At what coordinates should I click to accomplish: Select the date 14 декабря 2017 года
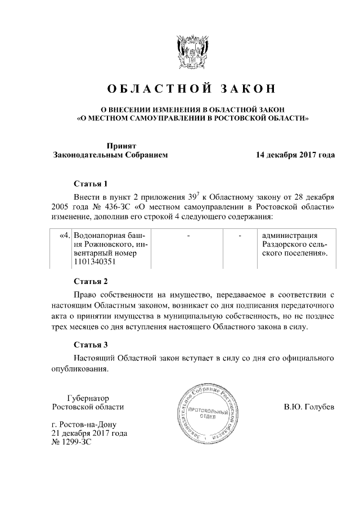coord(295,154)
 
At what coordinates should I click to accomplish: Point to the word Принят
coord(123,145)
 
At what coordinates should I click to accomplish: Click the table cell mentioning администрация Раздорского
coord(296,244)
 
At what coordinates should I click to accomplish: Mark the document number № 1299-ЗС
coord(71,442)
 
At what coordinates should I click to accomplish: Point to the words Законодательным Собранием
coord(110,154)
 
